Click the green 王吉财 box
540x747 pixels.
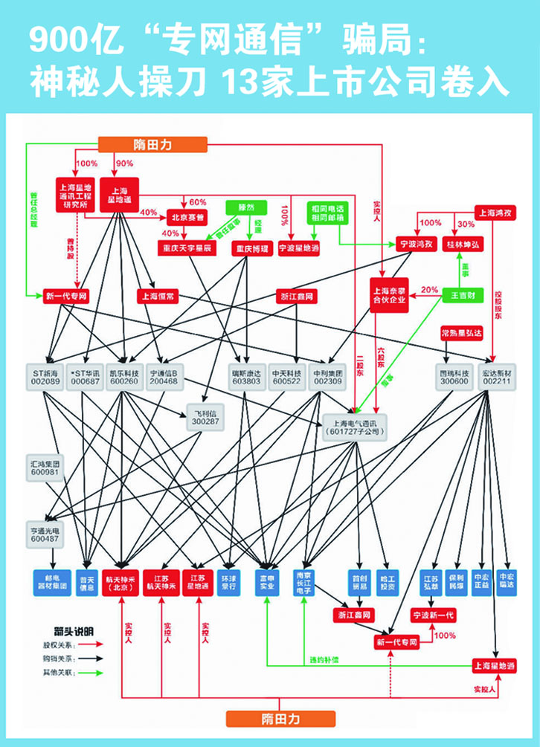(463, 295)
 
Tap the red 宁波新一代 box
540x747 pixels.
(433, 615)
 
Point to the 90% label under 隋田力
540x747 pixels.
(123, 164)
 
